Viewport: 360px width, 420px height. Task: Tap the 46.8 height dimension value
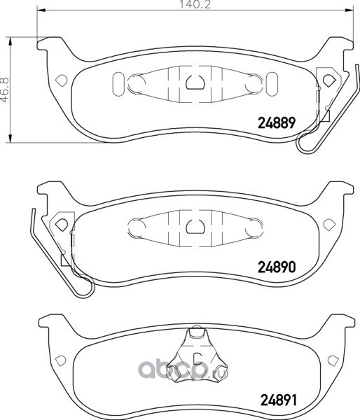click(5, 90)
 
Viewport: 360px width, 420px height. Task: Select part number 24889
click(277, 123)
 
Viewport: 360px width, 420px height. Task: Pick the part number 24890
click(277, 267)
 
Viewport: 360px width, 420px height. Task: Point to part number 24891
click(279, 400)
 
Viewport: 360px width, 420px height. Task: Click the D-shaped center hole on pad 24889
click(195, 82)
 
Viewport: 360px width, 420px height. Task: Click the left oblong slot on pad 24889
click(118, 85)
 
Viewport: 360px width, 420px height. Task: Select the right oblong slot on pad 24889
click(272, 85)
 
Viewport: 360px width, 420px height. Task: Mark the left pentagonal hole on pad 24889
click(62, 80)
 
